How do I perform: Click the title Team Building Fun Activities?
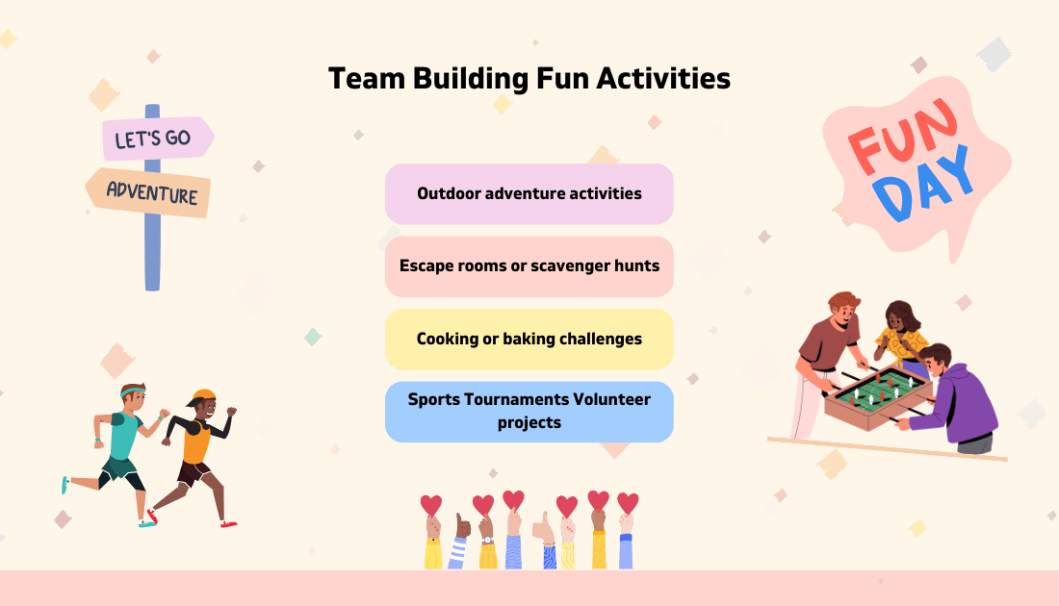click(x=529, y=78)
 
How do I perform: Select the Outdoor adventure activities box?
click(x=529, y=193)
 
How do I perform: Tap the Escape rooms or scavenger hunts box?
click(x=529, y=265)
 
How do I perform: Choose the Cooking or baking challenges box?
click(x=529, y=339)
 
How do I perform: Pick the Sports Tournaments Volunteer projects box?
click(x=529, y=411)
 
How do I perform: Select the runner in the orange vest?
click(x=196, y=442)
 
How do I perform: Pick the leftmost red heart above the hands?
click(x=431, y=505)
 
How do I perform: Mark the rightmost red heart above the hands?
click(x=628, y=503)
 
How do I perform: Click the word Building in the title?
click(x=470, y=79)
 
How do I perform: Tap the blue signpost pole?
click(x=152, y=250)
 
